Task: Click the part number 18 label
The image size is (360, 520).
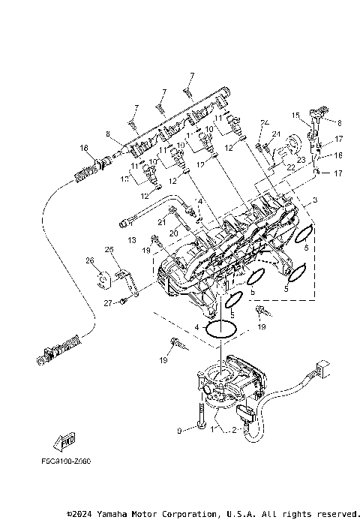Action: tap(84, 148)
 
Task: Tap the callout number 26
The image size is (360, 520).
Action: tap(89, 260)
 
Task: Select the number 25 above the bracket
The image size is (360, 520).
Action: tap(109, 249)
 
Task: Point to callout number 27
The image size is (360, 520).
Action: tap(108, 302)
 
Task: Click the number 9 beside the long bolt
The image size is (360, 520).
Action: tap(179, 430)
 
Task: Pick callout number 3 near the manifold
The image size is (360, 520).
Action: tap(315, 200)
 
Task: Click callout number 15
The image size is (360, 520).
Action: tap(296, 116)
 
